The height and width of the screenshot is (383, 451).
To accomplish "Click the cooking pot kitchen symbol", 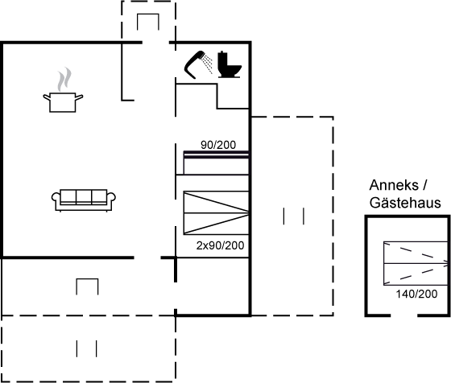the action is (63, 102).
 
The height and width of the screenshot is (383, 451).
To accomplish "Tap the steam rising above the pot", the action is (64, 80).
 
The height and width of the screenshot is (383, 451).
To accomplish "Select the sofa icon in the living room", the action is (84, 200).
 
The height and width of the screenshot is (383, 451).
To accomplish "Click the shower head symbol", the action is (198, 64).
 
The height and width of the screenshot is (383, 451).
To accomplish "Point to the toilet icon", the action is (230, 64).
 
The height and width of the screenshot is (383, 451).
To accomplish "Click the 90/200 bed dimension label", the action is (218, 145).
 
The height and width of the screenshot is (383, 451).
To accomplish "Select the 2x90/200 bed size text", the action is (221, 245).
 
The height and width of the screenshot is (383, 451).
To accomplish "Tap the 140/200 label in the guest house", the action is (416, 294).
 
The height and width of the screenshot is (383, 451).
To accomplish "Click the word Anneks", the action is (394, 185).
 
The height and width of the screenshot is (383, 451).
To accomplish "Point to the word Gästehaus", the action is (405, 203).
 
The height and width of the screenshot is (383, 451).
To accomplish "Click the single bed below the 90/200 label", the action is (216, 163).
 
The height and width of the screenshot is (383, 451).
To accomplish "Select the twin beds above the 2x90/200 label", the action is (216, 213).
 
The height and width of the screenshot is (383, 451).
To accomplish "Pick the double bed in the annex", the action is (416, 263).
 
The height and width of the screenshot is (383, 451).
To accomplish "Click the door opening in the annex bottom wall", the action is (403, 315).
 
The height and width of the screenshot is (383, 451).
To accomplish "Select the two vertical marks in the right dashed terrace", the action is (294, 216).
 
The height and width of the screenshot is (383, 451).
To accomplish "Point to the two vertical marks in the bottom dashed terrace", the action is (87, 348).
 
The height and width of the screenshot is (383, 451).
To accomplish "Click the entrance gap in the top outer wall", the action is (155, 43).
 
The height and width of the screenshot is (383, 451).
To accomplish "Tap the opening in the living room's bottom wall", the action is (147, 257).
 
